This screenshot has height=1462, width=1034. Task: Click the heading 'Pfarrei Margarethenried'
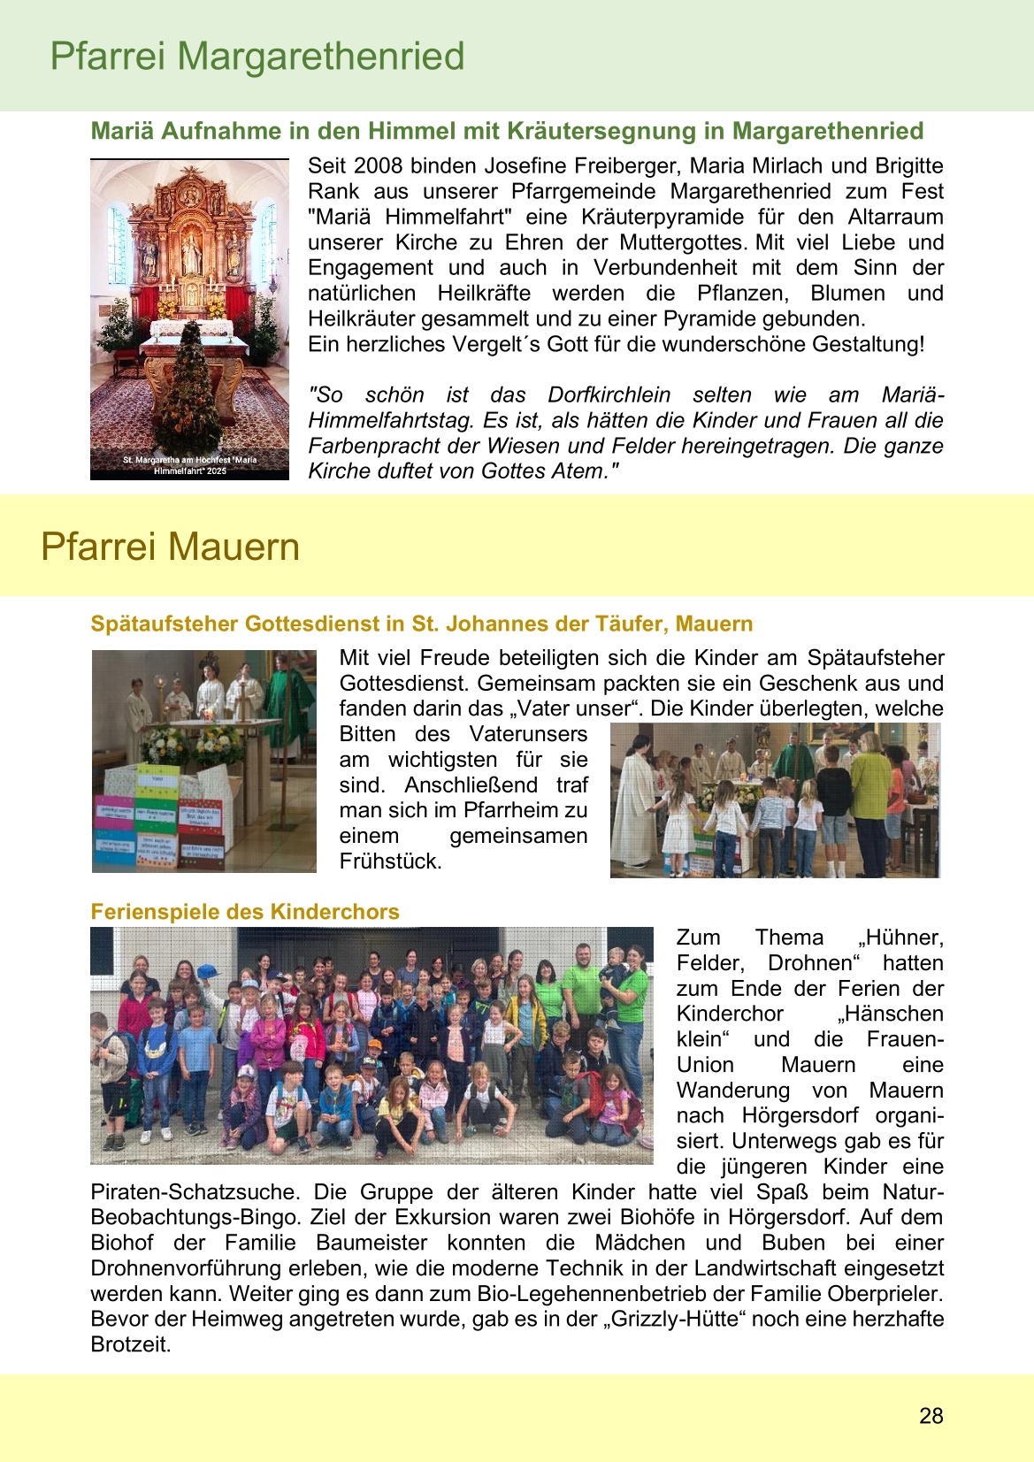coord(257,57)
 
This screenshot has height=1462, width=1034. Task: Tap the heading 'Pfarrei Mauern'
coord(170,547)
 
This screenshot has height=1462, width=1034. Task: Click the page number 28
coord(931,1415)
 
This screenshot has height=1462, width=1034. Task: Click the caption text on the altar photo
coord(189,465)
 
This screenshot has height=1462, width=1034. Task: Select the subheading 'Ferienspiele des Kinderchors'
coord(245,912)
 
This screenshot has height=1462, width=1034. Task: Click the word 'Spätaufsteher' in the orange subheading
coord(165,624)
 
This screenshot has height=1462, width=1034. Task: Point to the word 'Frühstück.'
coord(390,861)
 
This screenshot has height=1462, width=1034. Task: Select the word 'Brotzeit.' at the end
coord(131,1344)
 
